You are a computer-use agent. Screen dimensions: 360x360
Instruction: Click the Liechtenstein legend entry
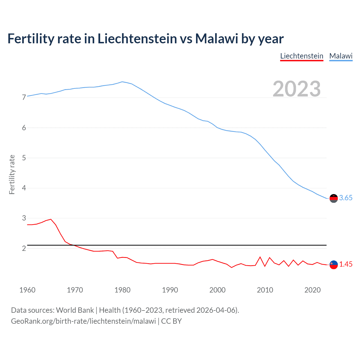click(x=301, y=56)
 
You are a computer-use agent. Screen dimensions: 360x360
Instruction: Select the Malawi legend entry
click(x=341, y=56)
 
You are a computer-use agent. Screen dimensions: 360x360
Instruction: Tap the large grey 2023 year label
click(x=296, y=89)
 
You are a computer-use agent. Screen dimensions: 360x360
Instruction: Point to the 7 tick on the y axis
click(x=24, y=98)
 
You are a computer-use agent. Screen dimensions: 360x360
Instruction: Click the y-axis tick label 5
click(x=24, y=158)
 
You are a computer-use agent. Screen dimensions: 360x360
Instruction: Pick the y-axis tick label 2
click(x=24, y=248)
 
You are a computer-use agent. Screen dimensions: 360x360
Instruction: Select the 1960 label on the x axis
click(x=27, y=290)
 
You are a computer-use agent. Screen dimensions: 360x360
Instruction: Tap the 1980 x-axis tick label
click(x=122, y=290)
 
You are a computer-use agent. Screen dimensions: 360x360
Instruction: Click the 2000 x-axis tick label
click(x=217, y=290)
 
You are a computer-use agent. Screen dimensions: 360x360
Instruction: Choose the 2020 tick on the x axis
click(x=312, y=290)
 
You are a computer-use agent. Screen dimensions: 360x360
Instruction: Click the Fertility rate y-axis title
click(x=12, y=174)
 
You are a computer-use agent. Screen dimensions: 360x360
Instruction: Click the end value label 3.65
click(x=346, y=198)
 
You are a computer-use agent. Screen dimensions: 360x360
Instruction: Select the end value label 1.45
click(x=346, y=264)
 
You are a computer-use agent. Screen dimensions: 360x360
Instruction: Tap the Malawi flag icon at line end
click(x=334, y=198)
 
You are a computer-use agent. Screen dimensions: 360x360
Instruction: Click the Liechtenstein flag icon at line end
click(x=334, y=265)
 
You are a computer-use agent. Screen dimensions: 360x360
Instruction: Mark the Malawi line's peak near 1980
click(x=122, y=82)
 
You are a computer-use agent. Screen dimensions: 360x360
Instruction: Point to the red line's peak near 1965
click(x=51, y=219)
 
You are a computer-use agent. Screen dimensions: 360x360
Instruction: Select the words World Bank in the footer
click(x=75, y=310)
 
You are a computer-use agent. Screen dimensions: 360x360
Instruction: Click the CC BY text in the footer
click(x=171, y=321)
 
